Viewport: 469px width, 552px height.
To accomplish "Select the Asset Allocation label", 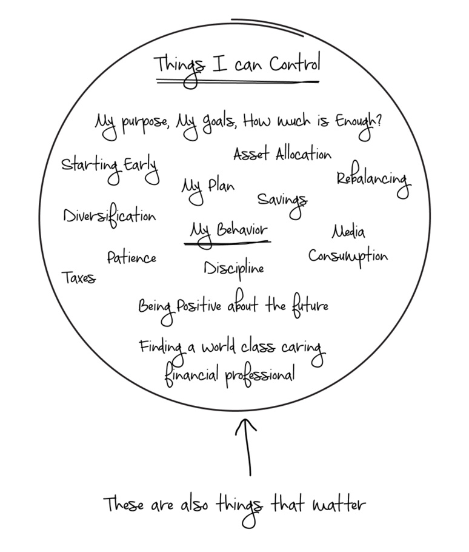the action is pyautogui.click(x=282, y=154).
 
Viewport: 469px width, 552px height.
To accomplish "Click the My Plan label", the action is pyautogui.click(x=208, y=189).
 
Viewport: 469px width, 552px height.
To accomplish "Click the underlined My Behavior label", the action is pyautogui.click(x=228, y=233).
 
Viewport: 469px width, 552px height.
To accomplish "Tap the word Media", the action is pyautogui.click(x=348, y=231).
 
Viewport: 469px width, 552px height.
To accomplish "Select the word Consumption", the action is pyautogui.click(x=348, y=257).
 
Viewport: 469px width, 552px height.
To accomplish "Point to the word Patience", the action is pyautogui.click(x=131, y=257).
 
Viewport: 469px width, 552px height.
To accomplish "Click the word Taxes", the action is pyautogui.click(x=78, y=278).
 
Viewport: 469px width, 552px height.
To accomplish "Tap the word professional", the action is pyautogui.click(x=260, y=375).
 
